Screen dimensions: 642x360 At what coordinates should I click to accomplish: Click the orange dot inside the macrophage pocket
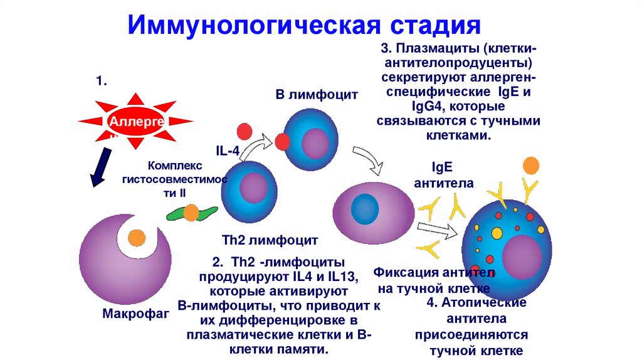[x=135, y=237]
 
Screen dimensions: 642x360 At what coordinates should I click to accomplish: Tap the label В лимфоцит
[x=317, y=95]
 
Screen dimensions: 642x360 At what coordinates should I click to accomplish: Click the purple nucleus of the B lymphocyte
[x=318, y=142]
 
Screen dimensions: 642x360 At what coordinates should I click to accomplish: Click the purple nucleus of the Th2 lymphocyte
[x=254, y=187]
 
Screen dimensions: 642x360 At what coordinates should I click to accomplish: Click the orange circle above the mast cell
[x=530, y=165]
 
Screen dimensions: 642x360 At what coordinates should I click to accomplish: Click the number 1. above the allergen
[x=102, y=82]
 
